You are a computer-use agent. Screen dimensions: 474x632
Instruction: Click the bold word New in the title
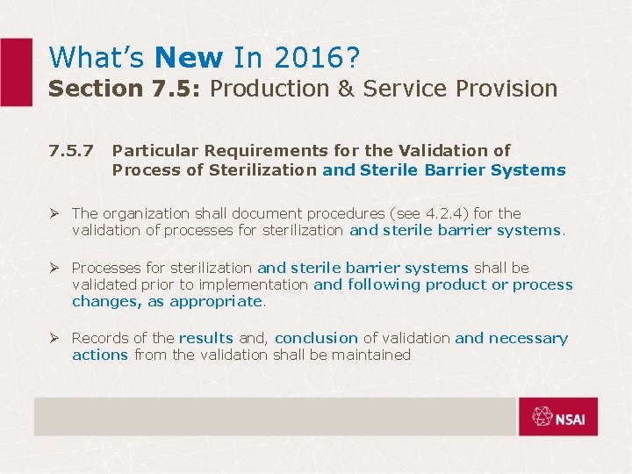point(189,58)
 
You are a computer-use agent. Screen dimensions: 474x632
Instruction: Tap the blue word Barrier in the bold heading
point(455,170)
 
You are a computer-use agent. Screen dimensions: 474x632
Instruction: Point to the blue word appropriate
point(216,301)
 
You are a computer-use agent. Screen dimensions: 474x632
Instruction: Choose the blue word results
point(205,338)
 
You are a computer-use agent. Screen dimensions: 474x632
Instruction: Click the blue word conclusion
point(316,338)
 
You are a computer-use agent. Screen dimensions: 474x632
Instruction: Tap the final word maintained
point(372,355)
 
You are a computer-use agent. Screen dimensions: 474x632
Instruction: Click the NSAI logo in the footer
point(557,416)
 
